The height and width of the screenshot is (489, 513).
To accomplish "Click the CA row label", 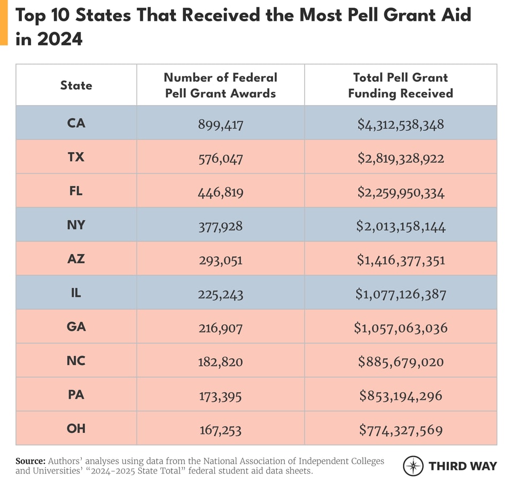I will pos(76,123).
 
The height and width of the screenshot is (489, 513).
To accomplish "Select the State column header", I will pos(76,85).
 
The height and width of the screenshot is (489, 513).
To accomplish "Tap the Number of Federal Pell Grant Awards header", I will pos(220,85).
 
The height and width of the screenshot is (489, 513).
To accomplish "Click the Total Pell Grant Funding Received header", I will pos(400,85).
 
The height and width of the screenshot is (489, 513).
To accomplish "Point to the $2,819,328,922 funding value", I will pos(401,159).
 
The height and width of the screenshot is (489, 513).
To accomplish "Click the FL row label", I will pos(76,191).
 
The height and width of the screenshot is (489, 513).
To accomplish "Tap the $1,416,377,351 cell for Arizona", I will pos(401,261).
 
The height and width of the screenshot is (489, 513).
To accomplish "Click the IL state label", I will pos(76,293).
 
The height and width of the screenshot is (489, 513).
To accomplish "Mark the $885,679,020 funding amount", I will pos(401,362).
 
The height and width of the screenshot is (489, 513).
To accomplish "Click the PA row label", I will pos(76,395).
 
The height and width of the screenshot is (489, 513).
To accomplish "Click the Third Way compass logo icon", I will pos(413,466).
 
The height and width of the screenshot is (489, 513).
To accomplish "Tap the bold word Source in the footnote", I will pos(30,461).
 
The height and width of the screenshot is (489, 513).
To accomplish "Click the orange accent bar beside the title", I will pos(4,22).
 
